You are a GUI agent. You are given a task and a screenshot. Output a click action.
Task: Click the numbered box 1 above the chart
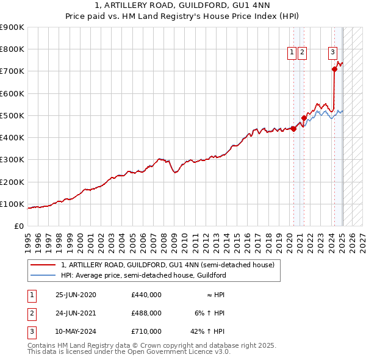tap(292, 53)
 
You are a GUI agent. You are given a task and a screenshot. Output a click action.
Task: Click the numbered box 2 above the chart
tap(303, 53)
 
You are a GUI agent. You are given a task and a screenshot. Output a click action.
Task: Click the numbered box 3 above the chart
tap(333, 53)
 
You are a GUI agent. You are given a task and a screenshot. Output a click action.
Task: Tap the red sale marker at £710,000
tap(334, 70)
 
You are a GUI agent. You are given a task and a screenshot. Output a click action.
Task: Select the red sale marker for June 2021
tap(304, 118)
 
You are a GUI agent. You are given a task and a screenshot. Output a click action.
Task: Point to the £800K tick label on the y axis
tap(12, 49)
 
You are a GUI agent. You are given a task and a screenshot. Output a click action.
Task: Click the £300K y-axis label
tap(12, 160)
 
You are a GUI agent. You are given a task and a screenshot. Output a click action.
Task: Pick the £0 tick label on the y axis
tap(19, 226)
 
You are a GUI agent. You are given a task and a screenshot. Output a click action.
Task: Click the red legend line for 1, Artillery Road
tap(43, 265)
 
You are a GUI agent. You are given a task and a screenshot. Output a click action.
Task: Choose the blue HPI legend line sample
tap(43, 275)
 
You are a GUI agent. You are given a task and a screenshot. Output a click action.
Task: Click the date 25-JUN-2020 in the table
tap(76, 295)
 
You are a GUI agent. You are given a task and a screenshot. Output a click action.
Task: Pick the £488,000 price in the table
tap(146, 313)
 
